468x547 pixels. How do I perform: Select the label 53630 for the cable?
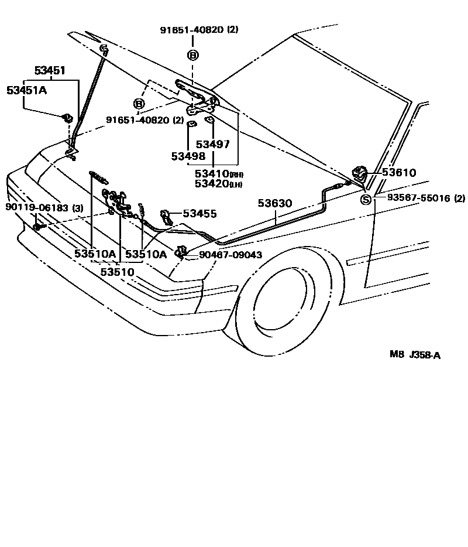[x=277, y=203]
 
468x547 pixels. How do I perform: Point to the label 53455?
[x=199, y=214]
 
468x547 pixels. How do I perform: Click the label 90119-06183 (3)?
[x=44, y=207]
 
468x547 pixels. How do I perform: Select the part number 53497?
[x=213, y=145]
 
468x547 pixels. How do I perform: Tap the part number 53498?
[x=188, y=156]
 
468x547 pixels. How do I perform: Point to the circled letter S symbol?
[x=366, y=200]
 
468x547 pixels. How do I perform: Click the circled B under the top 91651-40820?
[x=193, y=55]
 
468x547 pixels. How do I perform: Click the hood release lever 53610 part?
[x=359, y=174]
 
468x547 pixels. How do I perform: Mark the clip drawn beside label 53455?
[x=166, y=216]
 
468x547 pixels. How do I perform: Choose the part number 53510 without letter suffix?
[x=118, y=272]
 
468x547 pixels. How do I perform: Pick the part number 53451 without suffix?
[x=49, y=71]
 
